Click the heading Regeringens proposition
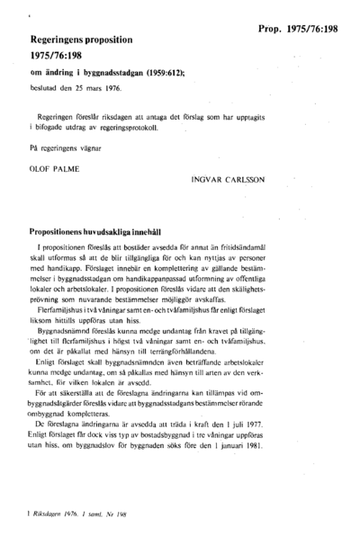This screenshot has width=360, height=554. [x=81, y=41]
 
